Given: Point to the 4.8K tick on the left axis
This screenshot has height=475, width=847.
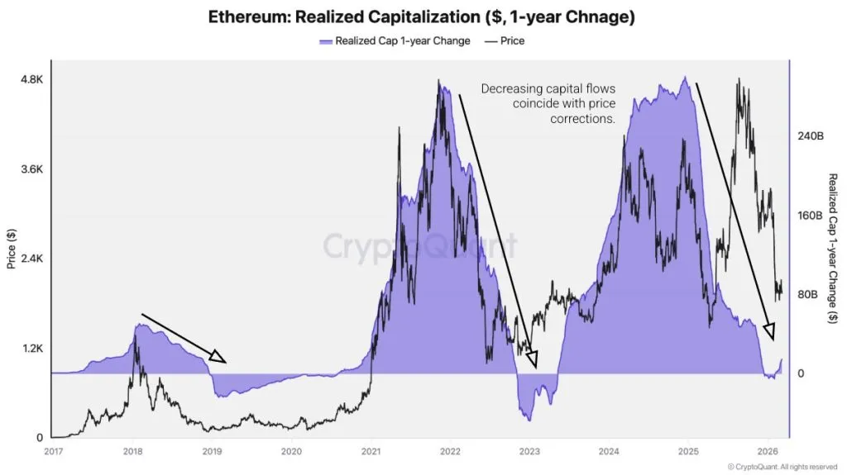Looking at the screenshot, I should click(31, 79).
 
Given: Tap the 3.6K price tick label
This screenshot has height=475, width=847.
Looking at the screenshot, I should click(31, 169).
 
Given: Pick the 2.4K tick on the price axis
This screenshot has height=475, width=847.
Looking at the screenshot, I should click(31, 259).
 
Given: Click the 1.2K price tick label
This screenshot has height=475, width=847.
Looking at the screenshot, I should click(31, 348).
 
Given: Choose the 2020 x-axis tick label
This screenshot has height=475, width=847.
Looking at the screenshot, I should click(290, 451).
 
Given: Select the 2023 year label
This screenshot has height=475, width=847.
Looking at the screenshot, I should click(529, 451).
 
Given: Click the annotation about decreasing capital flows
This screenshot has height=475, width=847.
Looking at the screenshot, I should click(549, 103).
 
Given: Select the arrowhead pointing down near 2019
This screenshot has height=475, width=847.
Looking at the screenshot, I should click(218, 357).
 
